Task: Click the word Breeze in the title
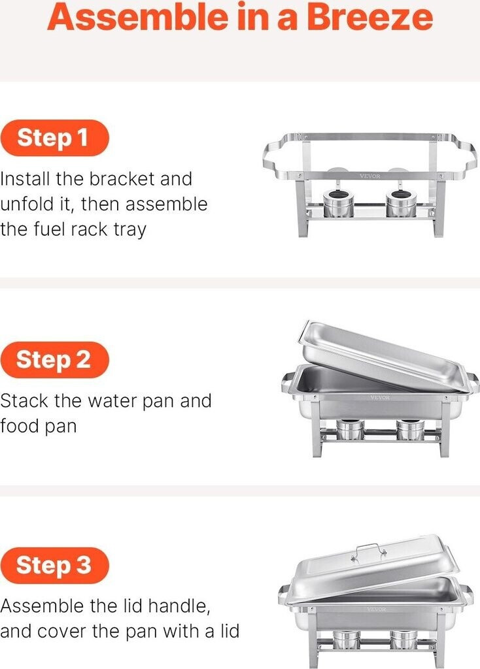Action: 369,16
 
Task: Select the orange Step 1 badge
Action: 54,138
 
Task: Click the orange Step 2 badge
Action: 55,360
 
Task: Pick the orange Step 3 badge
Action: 55,565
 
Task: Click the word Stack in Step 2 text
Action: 24,400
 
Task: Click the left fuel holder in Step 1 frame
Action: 338,203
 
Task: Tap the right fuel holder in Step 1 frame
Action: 401,203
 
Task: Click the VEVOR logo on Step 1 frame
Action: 370,176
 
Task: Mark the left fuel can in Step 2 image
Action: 350,430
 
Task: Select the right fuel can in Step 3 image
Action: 403,640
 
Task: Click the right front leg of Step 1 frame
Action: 439,208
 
